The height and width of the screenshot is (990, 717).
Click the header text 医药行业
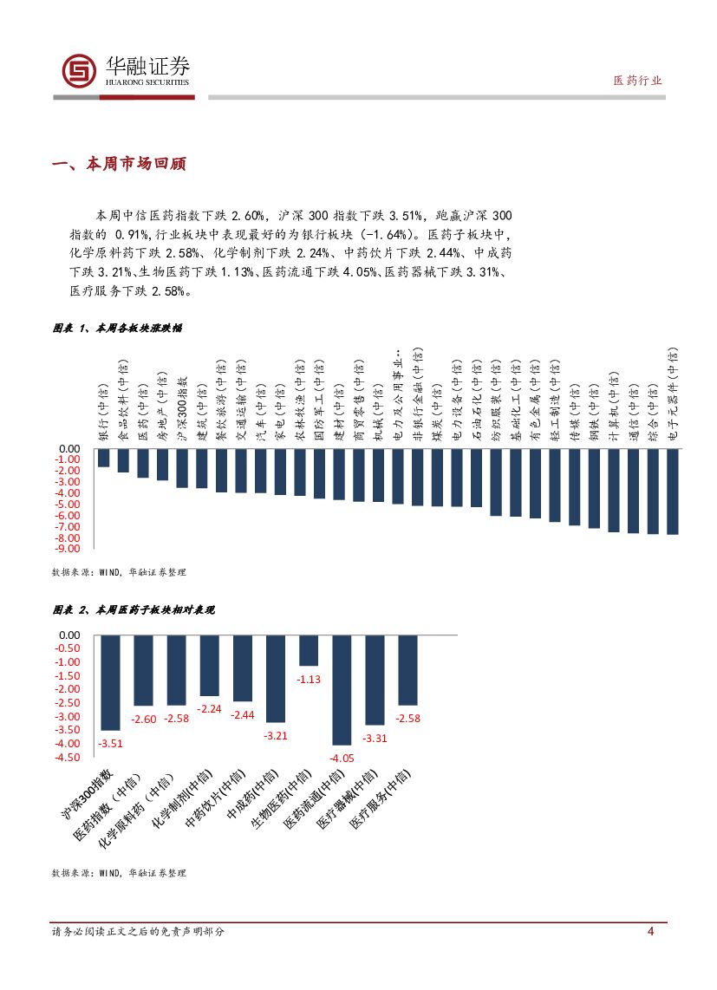pos(636,80)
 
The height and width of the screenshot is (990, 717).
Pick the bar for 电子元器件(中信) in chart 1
pos(673,492)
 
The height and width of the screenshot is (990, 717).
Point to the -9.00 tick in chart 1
pos(68,549)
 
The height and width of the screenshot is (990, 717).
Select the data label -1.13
pos(310,680)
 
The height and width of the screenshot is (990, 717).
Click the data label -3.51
pos(110,743)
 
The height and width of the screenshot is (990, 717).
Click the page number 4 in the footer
pos(650,931)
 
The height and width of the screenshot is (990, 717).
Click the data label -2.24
pos(209,708)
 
